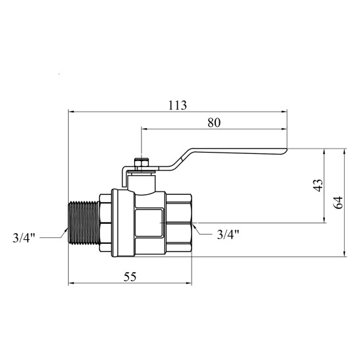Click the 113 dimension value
click(x=178, y=106)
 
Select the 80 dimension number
click(x=214, y=123)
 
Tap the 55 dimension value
click(x=130, y=277)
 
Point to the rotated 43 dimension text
click(x=318, y=185)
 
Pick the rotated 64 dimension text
click(x=338, y=202)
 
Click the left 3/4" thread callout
click(x=24, y=238)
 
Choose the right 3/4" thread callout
click(x=228, y=234)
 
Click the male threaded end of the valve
click(x=84, y=223)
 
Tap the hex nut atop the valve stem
click(x=141, y=163)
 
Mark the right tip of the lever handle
click(x=287, y=151)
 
